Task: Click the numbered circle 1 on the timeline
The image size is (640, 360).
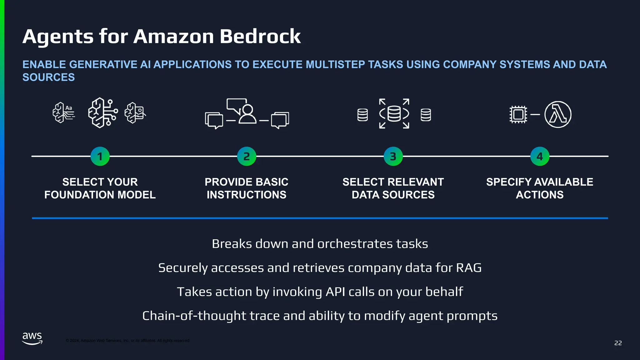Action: (x=100, y=156)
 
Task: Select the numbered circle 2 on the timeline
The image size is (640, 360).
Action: (x=247, y=156)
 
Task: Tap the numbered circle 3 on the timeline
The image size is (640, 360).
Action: (x=393, y=156)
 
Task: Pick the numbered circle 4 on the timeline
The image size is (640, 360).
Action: (x=540, y=156)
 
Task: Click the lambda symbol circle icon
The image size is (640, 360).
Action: (x=558, y=114)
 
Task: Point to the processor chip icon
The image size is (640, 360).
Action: (x=518, y=114)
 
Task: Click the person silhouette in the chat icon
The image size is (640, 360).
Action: (x=247, y=114)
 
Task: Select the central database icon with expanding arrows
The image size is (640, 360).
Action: (x=394, y=113)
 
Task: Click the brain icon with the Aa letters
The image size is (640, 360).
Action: (x=63, y=113)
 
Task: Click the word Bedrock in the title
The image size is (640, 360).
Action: (x=260, y=37)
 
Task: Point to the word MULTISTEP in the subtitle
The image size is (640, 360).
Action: (x=335, y=64)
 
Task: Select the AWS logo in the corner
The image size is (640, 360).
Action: (x=32, y=338)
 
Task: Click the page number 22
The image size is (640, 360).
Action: (x=618, y=343)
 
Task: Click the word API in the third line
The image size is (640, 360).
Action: (x=335, y=292)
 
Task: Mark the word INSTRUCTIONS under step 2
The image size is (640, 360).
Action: (x=246, y=195)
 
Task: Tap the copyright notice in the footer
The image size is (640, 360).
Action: (x=127, y=341)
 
